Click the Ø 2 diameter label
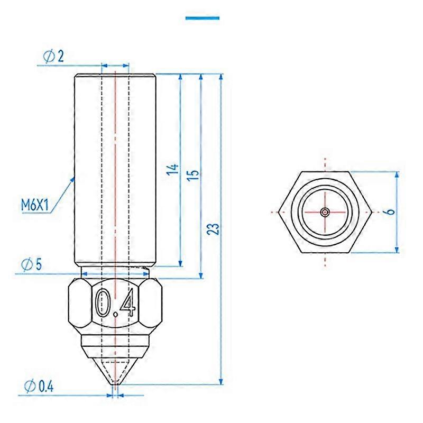(53, 57)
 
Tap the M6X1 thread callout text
(35, 205)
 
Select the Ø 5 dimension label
(32, 264)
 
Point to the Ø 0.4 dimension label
(39, 387)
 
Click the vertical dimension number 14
(173, 169)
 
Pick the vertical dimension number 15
(193, 175)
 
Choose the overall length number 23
(214, 229)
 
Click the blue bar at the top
(203, 18)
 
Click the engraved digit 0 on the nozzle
(102, 302)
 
